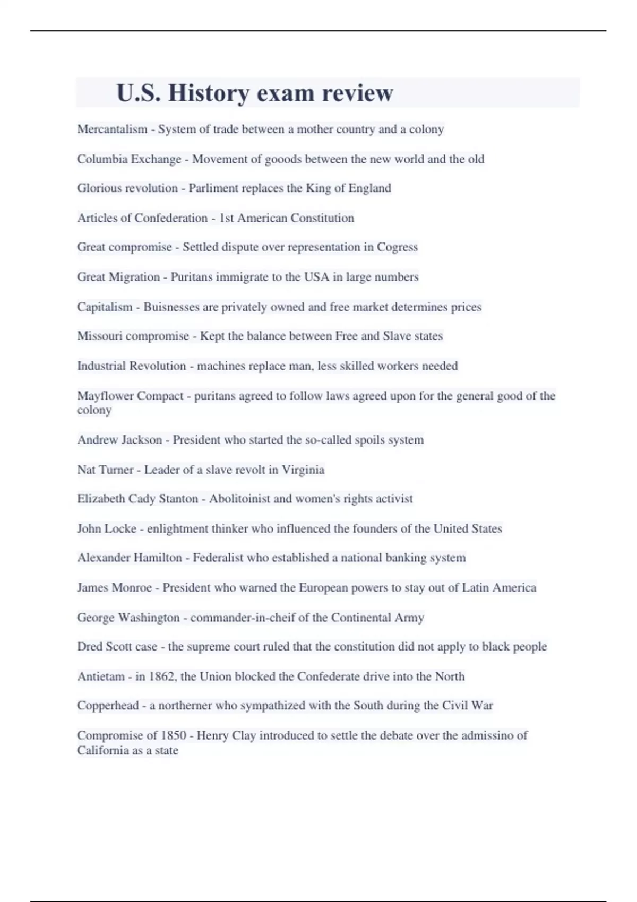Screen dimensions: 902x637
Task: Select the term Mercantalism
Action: (112, 129)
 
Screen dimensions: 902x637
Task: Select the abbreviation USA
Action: (316, 277)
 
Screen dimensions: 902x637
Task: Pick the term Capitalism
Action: (105, 307)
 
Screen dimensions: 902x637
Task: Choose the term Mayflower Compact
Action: (130, 396)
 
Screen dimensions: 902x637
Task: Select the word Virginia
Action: (303, 470)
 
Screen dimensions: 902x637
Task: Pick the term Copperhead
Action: (108, 706)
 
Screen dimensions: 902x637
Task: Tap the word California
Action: (101, 750)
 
